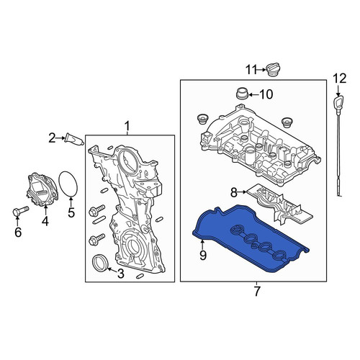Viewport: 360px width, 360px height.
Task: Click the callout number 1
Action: tap(127, 126)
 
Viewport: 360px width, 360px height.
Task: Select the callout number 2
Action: tap(52, 138)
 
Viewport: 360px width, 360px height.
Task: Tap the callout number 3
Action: tap(121, 274)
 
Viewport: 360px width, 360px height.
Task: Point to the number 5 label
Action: tap(71, 212)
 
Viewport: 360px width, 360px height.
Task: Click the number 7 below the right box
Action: tap(257, 292)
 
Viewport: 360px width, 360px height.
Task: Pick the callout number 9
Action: tap(203, 256)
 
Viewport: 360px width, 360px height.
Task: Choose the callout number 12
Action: tap(339, 78)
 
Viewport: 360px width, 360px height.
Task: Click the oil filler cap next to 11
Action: tap(274, 70)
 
